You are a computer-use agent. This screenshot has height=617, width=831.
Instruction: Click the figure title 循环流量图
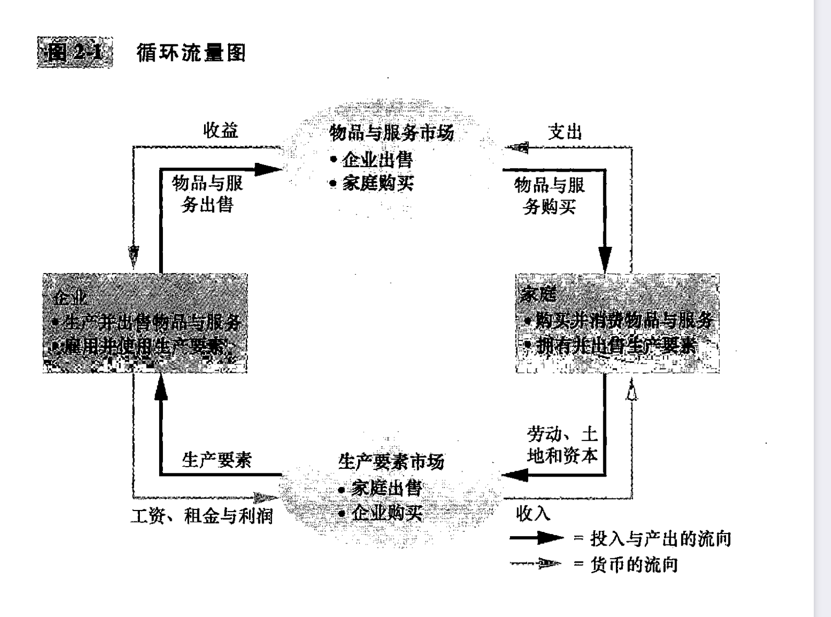point(191,53)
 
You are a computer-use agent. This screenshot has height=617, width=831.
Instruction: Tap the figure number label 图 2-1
point(75,53)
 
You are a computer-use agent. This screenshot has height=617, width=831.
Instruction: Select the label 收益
point(221,130)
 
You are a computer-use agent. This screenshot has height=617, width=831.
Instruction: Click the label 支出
point(565,132)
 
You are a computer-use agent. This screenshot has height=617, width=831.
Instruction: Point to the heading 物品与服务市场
point(391,133)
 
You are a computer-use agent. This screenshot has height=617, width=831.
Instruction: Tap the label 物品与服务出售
point(207,194)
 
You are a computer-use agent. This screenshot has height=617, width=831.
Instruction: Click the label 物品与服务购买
point(550,196)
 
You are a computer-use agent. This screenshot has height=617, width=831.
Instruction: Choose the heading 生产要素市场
point(391,461)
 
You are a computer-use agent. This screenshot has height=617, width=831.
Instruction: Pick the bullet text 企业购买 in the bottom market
point(387,513)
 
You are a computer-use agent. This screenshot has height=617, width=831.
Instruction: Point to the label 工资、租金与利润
point(202,516)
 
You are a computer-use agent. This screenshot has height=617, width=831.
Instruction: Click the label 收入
point(533,514)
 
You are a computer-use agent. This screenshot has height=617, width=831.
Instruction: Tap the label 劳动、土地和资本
point(562,445)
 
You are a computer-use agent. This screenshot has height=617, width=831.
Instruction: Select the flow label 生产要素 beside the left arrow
point(217,460)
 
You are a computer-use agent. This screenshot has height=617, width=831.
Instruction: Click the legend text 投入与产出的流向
point(660,538)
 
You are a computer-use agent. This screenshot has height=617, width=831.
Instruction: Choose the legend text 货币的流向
point(634,564)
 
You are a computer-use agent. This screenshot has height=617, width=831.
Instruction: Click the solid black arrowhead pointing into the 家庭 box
point(605,259)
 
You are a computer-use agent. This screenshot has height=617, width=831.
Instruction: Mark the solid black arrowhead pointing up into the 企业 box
point(161,387)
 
